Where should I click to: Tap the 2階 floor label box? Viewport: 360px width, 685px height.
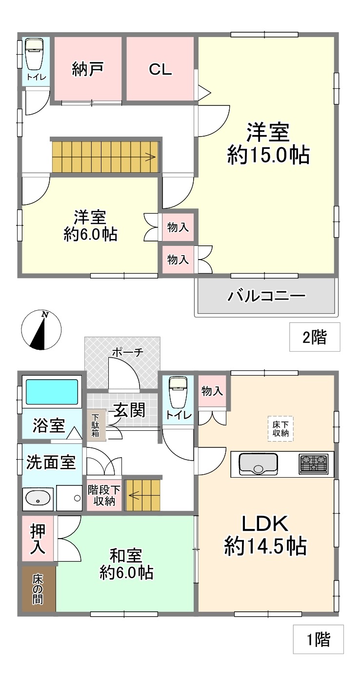tap(315, 337)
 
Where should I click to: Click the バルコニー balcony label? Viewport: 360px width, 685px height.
tap(266, 296)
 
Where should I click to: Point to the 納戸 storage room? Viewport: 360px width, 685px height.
tap(88, 68)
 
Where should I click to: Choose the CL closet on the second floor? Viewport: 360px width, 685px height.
tap(160, 68)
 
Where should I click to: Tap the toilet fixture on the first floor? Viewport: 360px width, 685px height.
tap(178, 393)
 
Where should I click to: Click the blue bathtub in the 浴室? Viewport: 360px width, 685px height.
tap(52, 392)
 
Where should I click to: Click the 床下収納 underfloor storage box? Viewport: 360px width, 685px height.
tap(280, 428)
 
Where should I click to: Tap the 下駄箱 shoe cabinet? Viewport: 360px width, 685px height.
tap(96, 425)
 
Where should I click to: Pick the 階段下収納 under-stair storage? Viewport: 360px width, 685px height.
tap(104, 495)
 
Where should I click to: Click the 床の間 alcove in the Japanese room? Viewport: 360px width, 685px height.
tap(39, 589)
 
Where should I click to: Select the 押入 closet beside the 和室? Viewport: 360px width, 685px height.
tap(38, 539)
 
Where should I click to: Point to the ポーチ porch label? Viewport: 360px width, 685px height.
tap(127, 352)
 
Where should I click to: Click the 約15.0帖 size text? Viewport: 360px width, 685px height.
tap(268, 155)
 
